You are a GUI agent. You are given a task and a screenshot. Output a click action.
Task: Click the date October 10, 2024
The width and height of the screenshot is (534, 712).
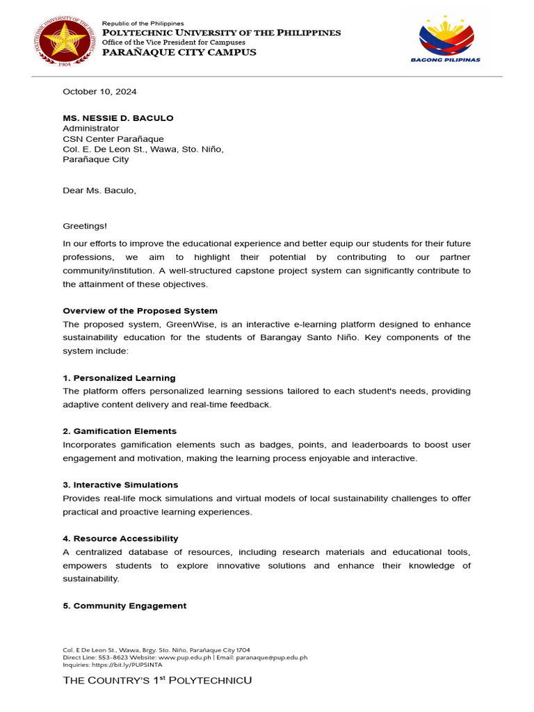click(99, 91)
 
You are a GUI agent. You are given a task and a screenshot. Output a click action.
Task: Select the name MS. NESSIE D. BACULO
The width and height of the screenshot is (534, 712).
click(118, 118)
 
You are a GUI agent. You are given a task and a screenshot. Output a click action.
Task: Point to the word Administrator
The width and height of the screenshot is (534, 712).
click(91, 129)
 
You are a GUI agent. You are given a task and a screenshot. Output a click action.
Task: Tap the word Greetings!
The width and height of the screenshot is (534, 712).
click(86, 226)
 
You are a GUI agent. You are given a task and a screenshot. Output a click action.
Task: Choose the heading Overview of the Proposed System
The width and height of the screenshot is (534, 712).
click(140, 311)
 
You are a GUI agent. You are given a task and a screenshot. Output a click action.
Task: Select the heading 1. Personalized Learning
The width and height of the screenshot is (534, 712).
click(119, 378)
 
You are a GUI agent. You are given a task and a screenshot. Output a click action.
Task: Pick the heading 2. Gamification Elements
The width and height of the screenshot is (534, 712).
click(120, 431)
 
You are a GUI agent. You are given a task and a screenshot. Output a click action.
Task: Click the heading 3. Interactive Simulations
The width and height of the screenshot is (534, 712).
click(120, 485)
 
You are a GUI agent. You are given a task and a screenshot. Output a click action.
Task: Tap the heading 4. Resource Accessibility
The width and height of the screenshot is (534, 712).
click(120, 539)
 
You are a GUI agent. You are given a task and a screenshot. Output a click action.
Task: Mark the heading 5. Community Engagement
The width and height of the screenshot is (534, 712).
click(124, 606)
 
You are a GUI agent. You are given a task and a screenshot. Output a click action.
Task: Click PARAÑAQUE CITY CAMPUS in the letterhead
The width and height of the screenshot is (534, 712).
click(179, 53)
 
